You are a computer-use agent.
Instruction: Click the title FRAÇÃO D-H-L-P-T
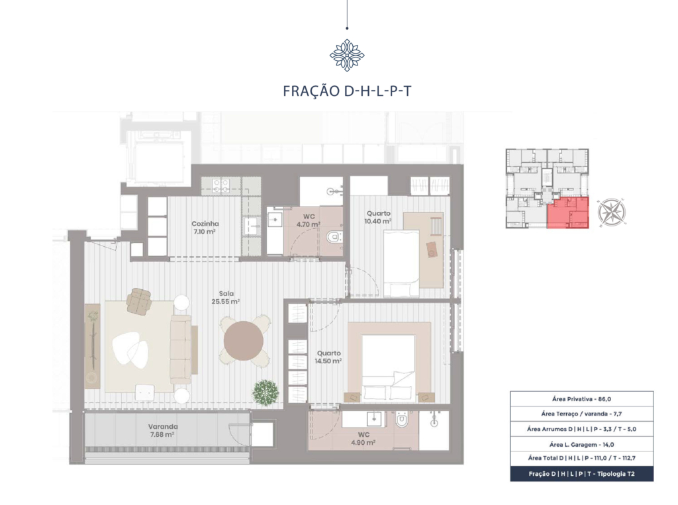tap(347, 91)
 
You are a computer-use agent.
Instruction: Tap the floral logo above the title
tap(347, 55)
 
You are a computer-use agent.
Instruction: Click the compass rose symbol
tap(611, 212)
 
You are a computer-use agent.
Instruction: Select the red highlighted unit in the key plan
tap(568, 212)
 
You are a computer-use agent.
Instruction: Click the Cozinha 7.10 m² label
tap(205, 228)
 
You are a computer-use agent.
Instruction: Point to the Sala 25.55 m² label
tap(226, 297)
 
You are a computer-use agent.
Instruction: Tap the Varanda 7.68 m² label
tap(163, 430)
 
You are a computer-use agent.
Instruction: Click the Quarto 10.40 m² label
tap(378, 217)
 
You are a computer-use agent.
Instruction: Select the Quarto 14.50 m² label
tap(328, 357)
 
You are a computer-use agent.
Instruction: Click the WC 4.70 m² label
tap(309, 220)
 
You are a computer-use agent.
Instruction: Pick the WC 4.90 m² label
tap(363, 438)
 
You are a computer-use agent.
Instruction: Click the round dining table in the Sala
tap(244, 341)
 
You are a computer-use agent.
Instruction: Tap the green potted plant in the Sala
tap(266, 392)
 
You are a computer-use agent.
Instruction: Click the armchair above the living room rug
tap(139, 301)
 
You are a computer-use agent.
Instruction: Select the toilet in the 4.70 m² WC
tap(334, 237)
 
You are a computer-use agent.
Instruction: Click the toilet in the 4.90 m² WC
tap(402, 418)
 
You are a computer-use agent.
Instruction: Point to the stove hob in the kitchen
tap(220, 185)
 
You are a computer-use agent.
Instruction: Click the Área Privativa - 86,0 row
tap(581, 399)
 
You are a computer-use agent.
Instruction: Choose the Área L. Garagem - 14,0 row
tap(581, 445)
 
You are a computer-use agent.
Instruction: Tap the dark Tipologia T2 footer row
tap(581, 474)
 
